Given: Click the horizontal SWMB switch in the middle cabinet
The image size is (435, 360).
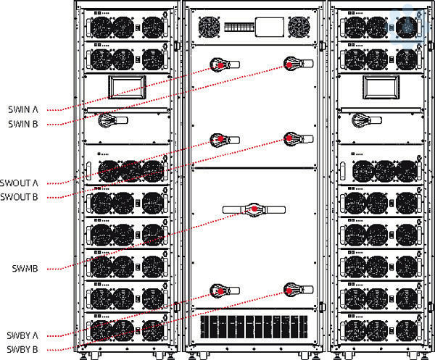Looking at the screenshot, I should [x=254, y=210].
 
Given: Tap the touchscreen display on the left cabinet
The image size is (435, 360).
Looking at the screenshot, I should [x=128, y=87].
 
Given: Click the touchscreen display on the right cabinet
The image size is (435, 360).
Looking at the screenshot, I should [x=378, y=87].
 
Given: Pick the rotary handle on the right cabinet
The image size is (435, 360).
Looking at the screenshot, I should [x=357, y=121].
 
